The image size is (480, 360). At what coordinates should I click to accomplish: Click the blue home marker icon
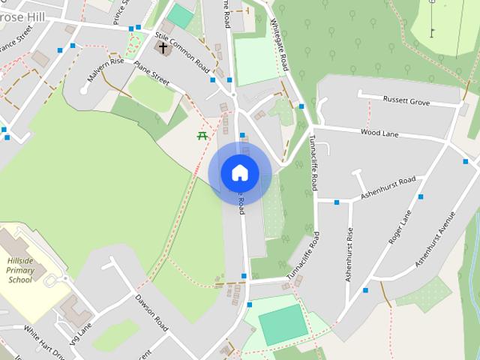(239, 172)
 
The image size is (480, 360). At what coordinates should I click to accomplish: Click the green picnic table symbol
(202, 136)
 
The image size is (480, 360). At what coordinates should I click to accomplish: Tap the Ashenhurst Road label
(388, 187)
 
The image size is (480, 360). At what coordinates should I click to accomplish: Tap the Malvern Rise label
(105, 71)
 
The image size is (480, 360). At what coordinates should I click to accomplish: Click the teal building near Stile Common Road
(180, 16)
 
